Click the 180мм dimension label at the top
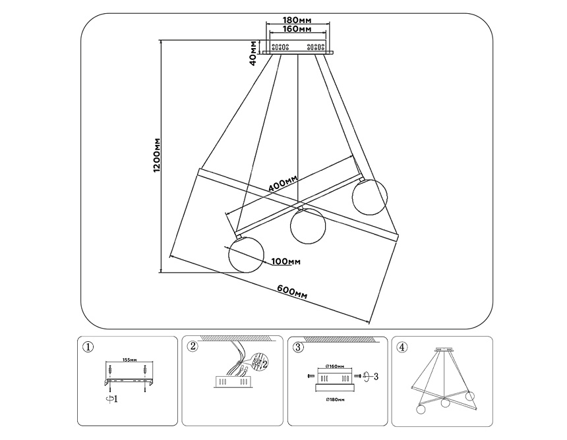coord(297,20)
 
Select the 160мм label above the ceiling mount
coord(297,30)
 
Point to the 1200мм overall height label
coord(157,156)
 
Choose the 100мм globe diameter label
coord(285,262)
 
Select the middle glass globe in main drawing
coord(306,226)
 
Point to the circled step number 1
coord(89,347)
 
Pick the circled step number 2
coord(193,347)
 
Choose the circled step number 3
coord(299,347)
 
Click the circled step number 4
coord(402,347)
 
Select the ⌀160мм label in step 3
coord(335,366)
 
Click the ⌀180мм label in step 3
coord(335,399)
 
